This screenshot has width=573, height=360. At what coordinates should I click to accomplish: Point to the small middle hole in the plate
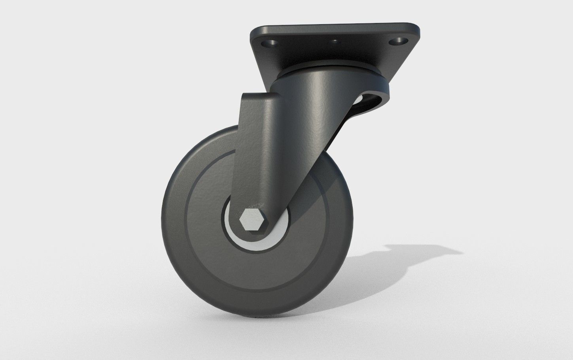coord(335,41)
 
